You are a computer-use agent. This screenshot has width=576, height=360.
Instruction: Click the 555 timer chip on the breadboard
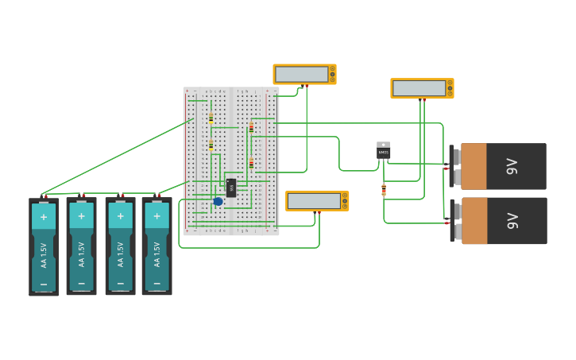point(231,188)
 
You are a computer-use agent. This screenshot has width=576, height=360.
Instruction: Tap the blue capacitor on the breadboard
point(218,201)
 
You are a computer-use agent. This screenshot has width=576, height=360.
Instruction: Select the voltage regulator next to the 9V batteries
point(384,151)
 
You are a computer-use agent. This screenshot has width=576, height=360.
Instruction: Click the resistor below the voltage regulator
point(384,190)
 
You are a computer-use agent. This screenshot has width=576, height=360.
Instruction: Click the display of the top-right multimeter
point(419,88)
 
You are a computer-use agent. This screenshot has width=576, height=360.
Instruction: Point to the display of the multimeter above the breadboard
point(301,74)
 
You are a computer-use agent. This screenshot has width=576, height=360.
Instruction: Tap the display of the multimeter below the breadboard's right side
point(314,201)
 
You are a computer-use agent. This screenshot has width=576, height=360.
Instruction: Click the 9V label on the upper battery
point(512,166)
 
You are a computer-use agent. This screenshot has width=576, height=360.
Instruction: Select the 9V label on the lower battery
point(512,220)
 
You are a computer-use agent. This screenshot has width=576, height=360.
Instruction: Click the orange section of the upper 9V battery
point(474,166)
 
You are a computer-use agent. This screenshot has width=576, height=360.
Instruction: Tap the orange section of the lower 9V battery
point(474,220)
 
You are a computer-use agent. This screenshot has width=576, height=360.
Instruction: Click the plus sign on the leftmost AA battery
point(44,216)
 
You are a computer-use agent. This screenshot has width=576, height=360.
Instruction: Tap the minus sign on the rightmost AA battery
point(157,283)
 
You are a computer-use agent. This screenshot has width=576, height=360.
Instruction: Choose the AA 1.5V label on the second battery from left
point(81,254)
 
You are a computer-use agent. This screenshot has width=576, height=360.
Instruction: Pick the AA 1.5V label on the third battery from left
point(120,254)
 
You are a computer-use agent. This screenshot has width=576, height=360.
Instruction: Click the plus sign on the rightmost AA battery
point(157,216)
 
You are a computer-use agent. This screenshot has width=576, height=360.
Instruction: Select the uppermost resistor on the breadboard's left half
point(211,118)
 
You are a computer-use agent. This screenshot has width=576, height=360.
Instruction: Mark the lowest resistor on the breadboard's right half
point(251,163)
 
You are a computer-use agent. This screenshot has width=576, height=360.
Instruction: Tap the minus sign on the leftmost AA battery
point(44,283)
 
